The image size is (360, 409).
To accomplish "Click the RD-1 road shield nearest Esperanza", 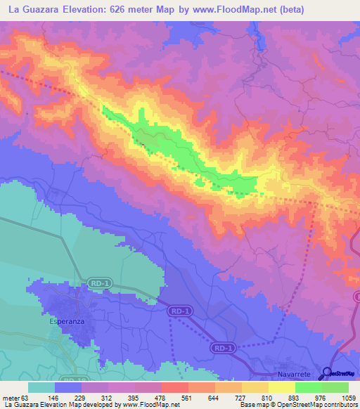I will click(100, 283).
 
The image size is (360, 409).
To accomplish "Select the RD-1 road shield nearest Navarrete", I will click(221, 347).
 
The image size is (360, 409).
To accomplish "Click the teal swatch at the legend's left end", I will click(41, 387).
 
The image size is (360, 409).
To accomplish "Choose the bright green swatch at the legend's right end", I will click(335, 387).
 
